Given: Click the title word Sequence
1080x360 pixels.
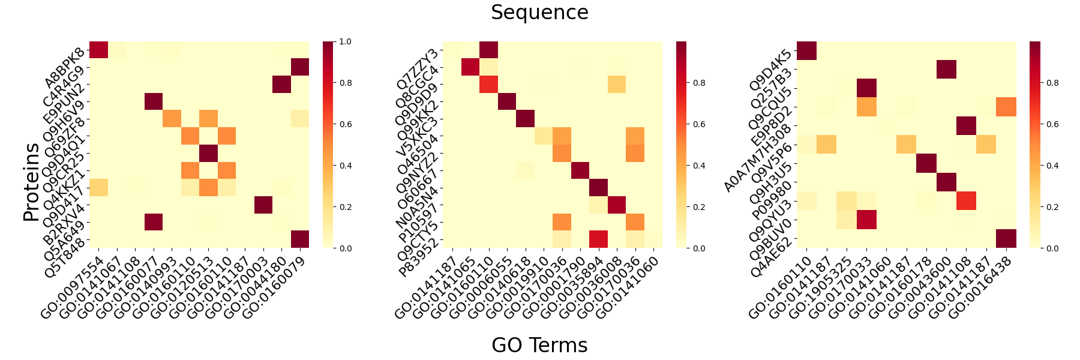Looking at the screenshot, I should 539,13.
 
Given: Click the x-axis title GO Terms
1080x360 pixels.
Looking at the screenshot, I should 539,345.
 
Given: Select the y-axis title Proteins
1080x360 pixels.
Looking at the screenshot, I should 31,182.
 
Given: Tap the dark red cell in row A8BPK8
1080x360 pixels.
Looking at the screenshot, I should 99,50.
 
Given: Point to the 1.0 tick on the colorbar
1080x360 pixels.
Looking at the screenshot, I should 345,42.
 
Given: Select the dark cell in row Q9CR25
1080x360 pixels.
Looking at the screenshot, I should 208,154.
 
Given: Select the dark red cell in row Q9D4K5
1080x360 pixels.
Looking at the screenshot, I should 806,50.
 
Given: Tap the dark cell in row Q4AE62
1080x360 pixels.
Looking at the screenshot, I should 1006,239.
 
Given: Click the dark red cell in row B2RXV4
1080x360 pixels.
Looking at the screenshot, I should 263,205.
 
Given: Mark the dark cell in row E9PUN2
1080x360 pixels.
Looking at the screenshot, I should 281,85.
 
